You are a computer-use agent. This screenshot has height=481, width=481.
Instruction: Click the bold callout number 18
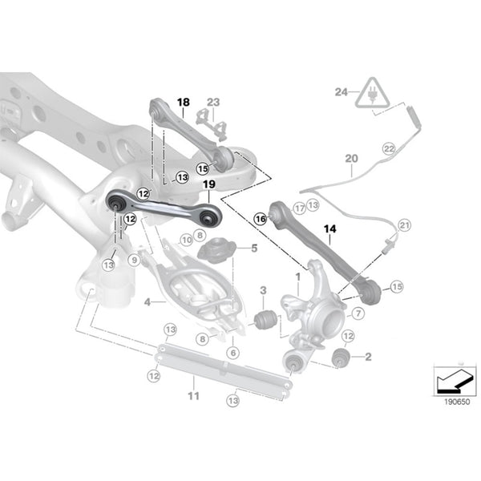[x=184, y=103]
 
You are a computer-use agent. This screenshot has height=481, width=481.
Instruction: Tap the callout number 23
[x=212, y=102]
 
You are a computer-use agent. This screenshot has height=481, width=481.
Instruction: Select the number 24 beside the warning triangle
[x=340, y=92]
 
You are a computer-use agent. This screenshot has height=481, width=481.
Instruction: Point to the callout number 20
[x=351, y=160]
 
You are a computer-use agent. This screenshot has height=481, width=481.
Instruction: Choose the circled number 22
[x=389, y=149]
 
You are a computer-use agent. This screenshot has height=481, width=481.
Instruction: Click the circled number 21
[x=404, y=225]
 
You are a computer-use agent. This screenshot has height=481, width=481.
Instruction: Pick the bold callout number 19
[x=208, y=185]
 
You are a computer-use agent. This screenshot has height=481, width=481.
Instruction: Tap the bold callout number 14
[x=329, y=228]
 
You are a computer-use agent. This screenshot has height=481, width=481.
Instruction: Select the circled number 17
[x=298, y=208]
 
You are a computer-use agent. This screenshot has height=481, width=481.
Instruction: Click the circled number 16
[x=260, y=217]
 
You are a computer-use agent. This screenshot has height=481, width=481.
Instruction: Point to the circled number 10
[x=186, y=239]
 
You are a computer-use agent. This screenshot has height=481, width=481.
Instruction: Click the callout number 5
[x=253, y=248]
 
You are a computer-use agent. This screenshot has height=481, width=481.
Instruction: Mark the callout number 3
[x=262, y=289]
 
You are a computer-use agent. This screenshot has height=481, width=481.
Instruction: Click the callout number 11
[x=192, y=396]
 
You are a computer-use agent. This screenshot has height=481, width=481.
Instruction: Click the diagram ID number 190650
[x=453, y=402]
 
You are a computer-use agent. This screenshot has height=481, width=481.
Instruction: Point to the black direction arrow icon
[x=451, y=381]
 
